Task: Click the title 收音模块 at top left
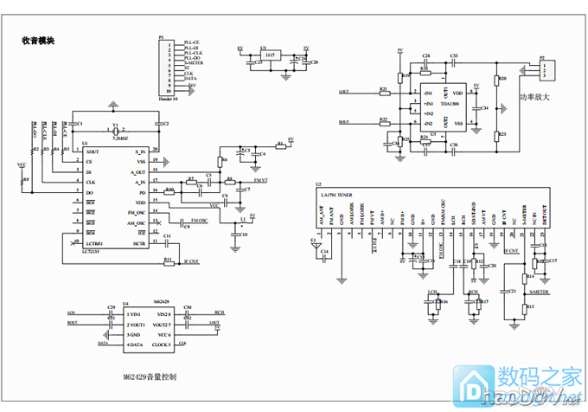coord(38,40)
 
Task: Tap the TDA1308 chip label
coord(449,103)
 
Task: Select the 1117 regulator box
coord(270,55)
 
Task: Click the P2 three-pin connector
coord(546,68)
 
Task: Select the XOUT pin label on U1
coord(92,151)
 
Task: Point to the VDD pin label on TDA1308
coord(457,92)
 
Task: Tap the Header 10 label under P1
coord(168,100)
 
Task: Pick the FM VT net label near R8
coord(261,179)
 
